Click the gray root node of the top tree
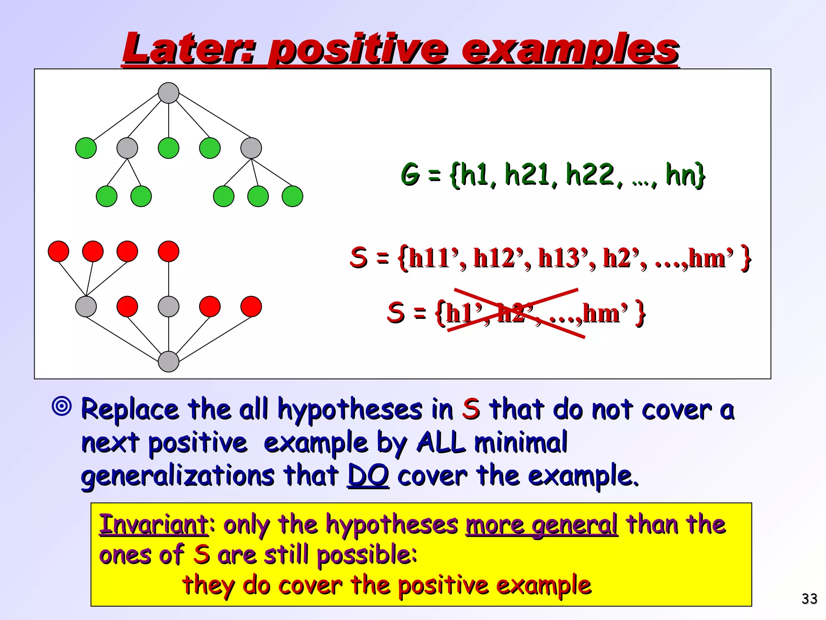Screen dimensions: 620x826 (169, 93)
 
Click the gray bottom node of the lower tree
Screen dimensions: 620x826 (169, 361)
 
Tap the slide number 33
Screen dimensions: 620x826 (809, 599)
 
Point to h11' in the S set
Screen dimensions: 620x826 (433, 258)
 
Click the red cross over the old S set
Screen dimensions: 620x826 (516, 313)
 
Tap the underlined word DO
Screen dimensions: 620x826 (368, 475)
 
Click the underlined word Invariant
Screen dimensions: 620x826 (154, 525)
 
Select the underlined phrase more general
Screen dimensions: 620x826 (541, 525)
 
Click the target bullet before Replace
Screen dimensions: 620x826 (62, 406)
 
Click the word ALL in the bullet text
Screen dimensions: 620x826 (440, 442)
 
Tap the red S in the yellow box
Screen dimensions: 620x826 (201, 555)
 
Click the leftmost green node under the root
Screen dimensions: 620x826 (86, 148)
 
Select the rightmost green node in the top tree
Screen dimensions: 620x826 (292, 197)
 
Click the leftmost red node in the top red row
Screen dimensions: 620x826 (58, 251)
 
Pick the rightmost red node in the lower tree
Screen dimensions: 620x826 (251, 306)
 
